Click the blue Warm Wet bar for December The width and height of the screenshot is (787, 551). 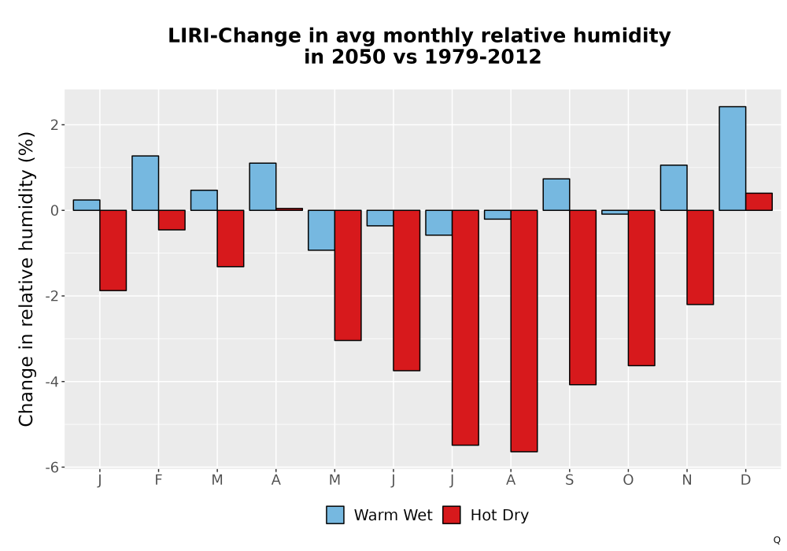point(732,158)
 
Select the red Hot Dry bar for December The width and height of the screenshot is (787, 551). point(759,202)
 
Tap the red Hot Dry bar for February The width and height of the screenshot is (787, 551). point(172,220)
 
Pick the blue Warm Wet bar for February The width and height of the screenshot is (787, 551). point(146,183)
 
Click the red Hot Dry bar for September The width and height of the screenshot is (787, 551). point(582,298)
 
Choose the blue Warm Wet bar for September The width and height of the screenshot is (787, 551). point(556,194)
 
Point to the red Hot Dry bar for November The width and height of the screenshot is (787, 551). point(700,257)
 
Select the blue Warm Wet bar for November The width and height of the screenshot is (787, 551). point(674,187)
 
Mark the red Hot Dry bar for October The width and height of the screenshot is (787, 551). point(641,288)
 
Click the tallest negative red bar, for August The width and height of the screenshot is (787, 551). point(524,331)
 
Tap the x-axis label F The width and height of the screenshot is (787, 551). point(159,480)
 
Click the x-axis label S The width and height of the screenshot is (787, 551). point(569,480)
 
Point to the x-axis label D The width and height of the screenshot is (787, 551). point(745,480)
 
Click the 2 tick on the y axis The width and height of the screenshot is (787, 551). point(55,124)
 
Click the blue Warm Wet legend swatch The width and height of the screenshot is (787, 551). point(335,515)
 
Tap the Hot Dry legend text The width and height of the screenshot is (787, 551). point(500,516)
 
